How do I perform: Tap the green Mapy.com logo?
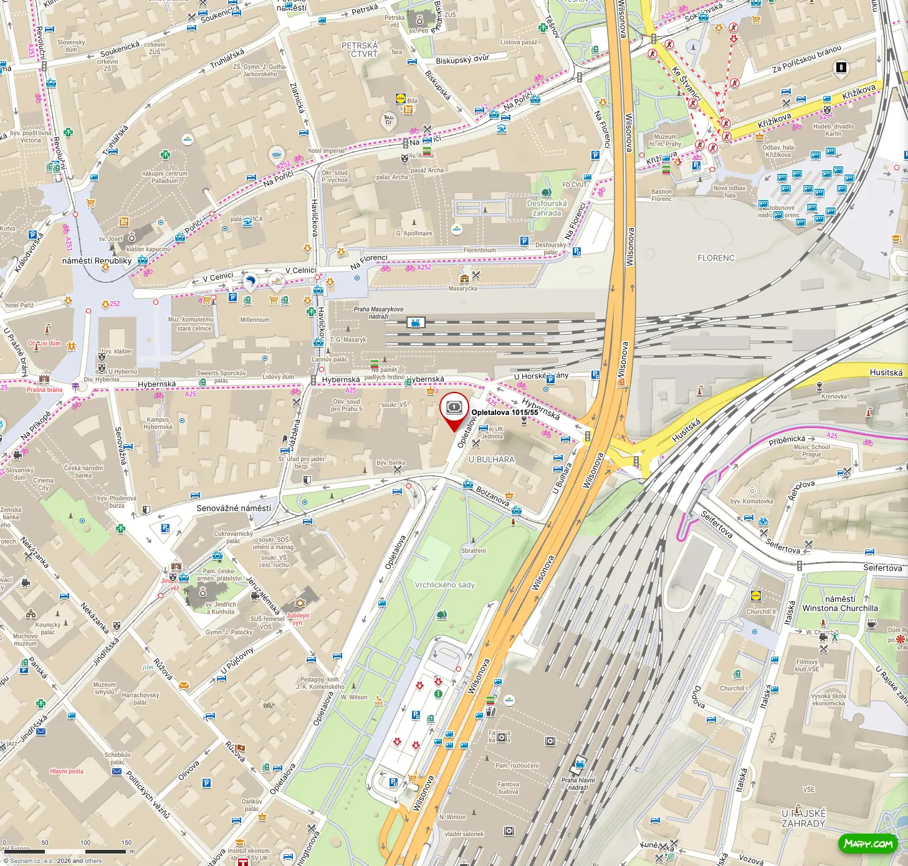(x=868, y=844)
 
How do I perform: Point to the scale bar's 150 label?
(x=127, y=842)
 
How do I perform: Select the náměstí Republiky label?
(x=97, y=261)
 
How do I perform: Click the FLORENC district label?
(x=716, y=258)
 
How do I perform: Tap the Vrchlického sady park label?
(x=445, y=585)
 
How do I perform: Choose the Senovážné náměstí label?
(x=234, y=508)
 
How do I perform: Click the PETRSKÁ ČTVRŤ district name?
(x=360, y=50)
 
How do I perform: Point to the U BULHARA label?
(x=492, y=460)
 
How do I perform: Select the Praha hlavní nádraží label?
(x=578, y=784)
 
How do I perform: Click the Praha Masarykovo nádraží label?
(x=378, y=313)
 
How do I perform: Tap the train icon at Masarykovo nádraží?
(x=416, y=322)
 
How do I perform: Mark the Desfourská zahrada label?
(x=547, y=208)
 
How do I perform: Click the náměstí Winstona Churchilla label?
(x=839, y=604)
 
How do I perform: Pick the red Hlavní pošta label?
(x=67, y=771)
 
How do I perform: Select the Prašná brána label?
(x=44, y=390)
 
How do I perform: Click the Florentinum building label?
(x=480, y=250)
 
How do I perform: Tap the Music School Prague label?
(x=811, y=450)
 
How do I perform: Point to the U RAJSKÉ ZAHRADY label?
(x=803, y=818)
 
